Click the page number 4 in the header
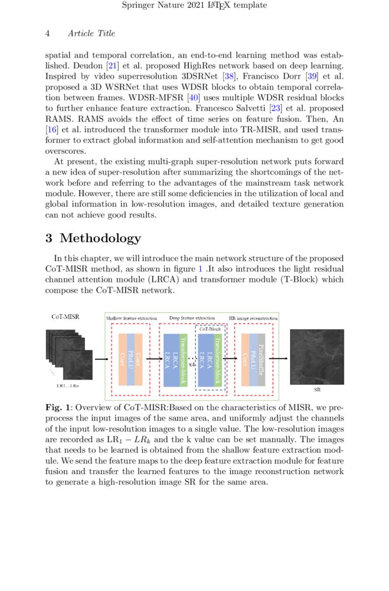pyautogui.click(x=48, y=33)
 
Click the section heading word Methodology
pyautogui.click(x=100, y=238)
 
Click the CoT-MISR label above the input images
pyautogui.click(x=65, y=316)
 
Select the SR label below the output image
pyautogui.click(x=317, y=388)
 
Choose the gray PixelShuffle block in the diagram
pyautogui.click(x=260, y=359)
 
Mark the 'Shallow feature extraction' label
pyautogui.click(x=131, y=318)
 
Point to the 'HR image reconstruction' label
pyautogui.click(x=253, y=318)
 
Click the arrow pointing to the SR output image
pyautogui.click(x=281, y=359)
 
